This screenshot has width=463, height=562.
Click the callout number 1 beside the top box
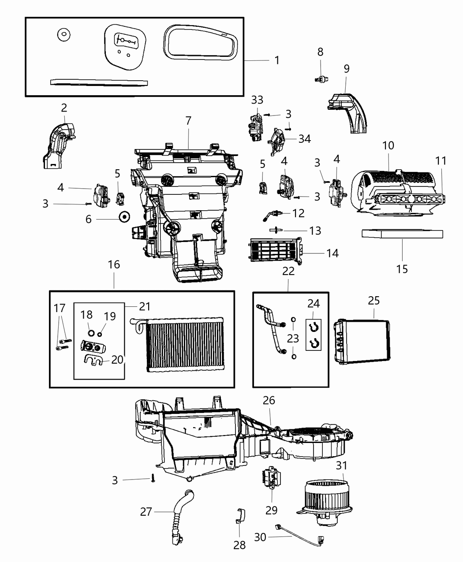coord(277,60)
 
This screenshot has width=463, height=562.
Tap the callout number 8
coord(320,52)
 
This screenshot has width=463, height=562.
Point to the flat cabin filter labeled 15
coord(402,233)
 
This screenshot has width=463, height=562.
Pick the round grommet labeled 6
coord(124,217)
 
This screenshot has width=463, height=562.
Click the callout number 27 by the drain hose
coord(146,512)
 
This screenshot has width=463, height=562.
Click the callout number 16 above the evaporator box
coord(114,264)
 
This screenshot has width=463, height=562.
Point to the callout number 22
coord(288,271)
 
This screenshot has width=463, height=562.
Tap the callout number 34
coord(304,139)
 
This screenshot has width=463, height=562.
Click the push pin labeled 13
coord(275,230)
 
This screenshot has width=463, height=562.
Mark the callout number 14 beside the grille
coord(332,253)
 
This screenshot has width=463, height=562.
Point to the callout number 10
coord(388,145)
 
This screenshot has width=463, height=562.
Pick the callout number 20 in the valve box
coord(117,360)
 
